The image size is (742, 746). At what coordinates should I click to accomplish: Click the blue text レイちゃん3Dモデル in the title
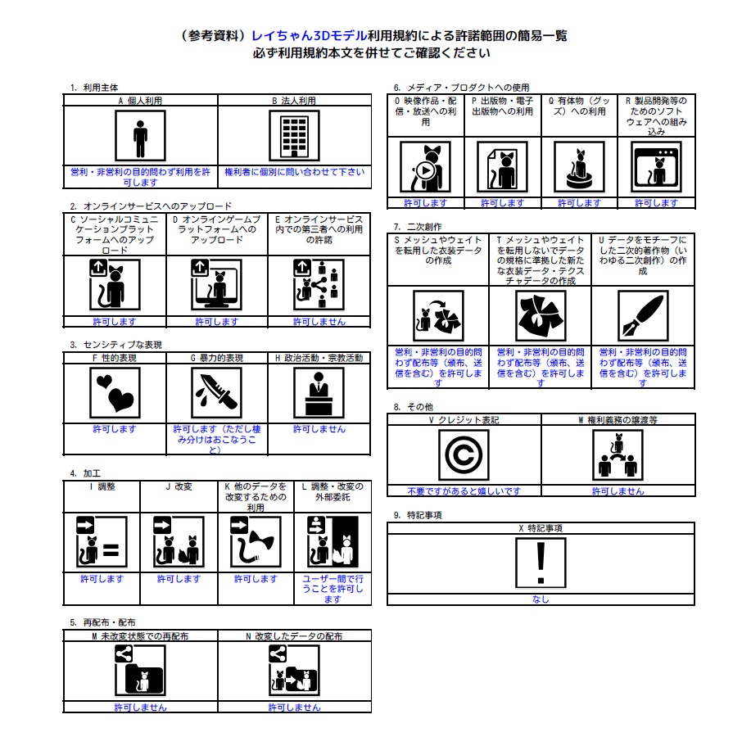pos(309,36)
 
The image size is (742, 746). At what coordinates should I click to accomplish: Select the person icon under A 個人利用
pos(140,136)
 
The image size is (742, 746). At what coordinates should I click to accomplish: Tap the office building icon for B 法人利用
pos(294,136)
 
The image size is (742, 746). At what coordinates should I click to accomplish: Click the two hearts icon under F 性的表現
pos(115,393)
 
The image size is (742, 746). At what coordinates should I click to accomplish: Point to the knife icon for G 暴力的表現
pos(216,393)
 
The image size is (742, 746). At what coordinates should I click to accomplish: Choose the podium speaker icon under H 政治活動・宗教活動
pos(319,393)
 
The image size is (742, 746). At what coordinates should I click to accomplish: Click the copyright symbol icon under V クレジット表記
pos(464,454)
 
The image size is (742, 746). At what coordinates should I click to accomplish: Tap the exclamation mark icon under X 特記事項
pos(541,563)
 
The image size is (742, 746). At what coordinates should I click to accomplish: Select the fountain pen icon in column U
pos(643,316)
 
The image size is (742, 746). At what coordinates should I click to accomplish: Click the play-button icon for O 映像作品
pos(426,167)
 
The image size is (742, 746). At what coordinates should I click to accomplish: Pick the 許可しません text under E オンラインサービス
pos(319,322)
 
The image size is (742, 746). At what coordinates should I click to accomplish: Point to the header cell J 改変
pos(179,486)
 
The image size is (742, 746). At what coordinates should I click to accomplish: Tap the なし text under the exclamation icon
pos(541,599)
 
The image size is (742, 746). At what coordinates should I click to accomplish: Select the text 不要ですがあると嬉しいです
pos(464,491)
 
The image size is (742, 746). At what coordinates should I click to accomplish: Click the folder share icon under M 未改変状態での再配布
pos(140,671)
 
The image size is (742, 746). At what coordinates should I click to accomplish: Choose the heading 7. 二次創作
pos(418,227)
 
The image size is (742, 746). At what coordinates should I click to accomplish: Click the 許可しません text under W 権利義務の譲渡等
pos(618,491)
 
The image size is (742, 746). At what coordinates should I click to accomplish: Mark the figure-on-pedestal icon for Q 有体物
pos(579,167)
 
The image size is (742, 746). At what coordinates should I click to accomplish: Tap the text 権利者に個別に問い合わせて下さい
pos(295,172)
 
